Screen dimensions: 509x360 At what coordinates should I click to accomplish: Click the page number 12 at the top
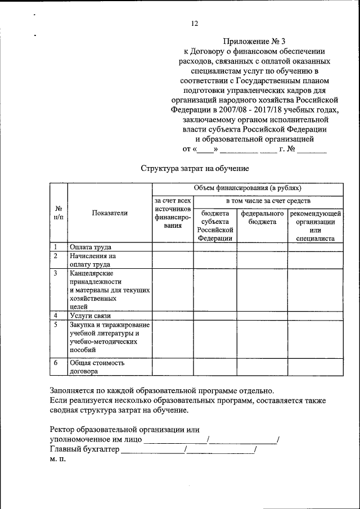pyautogui.click(x=194, y=24)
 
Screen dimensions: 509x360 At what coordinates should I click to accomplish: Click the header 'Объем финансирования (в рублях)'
pyautogui.click(x=247, y=188)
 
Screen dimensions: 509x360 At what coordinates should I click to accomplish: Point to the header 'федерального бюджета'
pyautogui.click(x=262, y=218)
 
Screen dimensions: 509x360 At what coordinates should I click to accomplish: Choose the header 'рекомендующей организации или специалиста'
pyautogui.click(x=314, y=226)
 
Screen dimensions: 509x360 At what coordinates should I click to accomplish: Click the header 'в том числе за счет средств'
pyautogui.click(x=268, y=201)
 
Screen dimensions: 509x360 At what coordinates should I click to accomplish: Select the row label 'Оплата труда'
pyautogui.click(x=90, y=247)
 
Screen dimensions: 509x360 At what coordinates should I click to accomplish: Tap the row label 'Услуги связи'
pyautogui.click(x=90, y=316)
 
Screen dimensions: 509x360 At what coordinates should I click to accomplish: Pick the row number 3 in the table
pyautogui.click(x=56, y=273)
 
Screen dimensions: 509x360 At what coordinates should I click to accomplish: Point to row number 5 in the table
pyautogui.click(x=56, y=325)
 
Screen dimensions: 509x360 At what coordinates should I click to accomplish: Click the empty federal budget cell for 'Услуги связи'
pyautogui.click(x=262, y=316)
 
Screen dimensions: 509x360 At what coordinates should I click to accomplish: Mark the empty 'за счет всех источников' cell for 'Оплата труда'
pyautogui.click(x=173, y=247)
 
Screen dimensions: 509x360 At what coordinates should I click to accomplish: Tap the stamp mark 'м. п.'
pyautogui.click(x=58, y=459)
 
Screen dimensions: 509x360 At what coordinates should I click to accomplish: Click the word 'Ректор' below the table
pyautogui.click(x=64, y=429)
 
